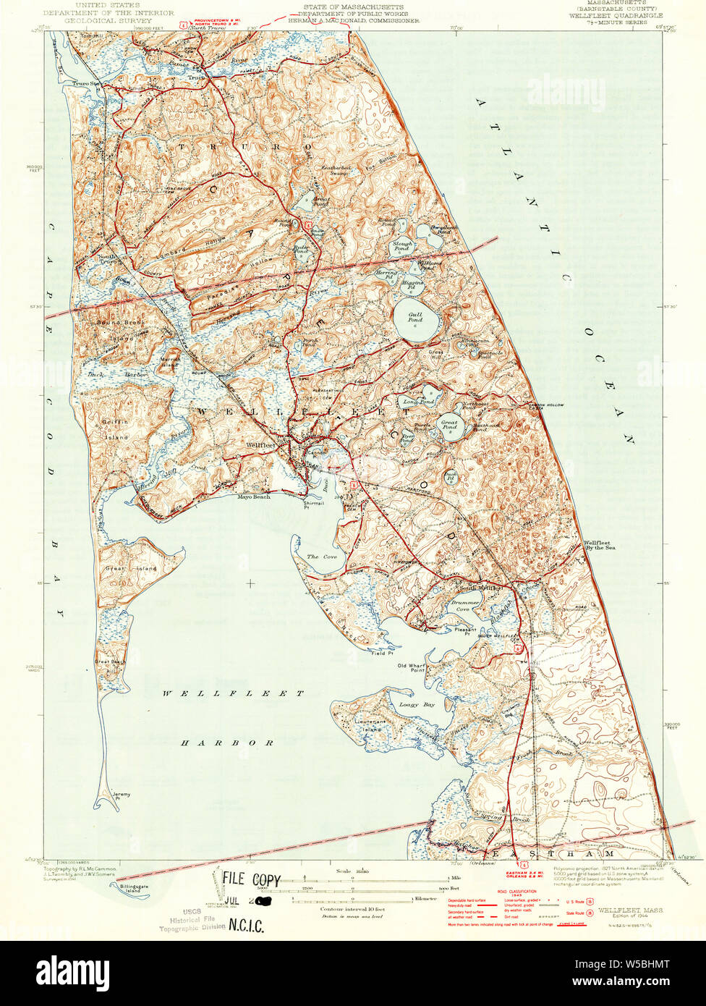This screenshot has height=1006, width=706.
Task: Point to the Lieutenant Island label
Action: tap(373, 725)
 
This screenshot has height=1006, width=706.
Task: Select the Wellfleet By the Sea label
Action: tap(600, 546)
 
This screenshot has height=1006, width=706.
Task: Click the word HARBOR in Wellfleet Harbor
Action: tap(227, 743)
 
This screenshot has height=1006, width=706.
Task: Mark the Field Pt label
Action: tap(382, 653)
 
